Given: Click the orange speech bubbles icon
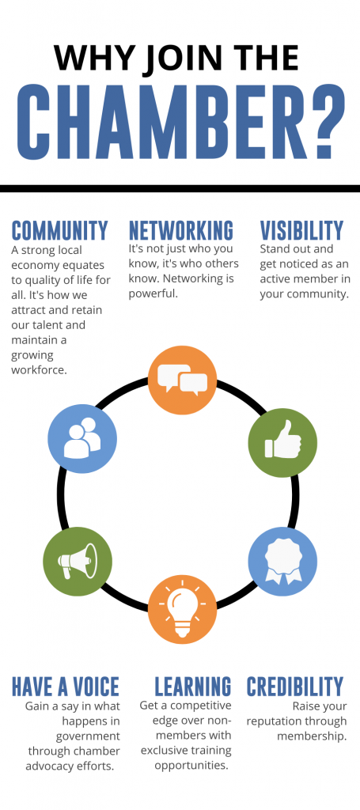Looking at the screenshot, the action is [x=182, y=380].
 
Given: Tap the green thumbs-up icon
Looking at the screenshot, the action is [x=282, y=442].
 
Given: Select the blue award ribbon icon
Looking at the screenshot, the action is [x=282, y=562].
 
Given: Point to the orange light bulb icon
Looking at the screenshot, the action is [x=182, y=610].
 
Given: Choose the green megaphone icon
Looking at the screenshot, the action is [x=78, y=561].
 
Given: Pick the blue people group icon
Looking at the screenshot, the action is [x=82, y=438].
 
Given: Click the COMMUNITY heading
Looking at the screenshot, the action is [x=60, y=230].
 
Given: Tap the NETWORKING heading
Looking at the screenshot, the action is [x=180, y=230].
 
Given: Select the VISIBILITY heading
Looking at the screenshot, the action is [x=301, y=230].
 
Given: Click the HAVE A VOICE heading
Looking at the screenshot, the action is [x=66, y=686].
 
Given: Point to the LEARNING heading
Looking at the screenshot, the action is [x=193, y=686].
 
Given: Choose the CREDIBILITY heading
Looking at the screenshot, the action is [x=295, y=686].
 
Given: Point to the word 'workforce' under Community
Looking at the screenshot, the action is [x=40, y=370].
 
